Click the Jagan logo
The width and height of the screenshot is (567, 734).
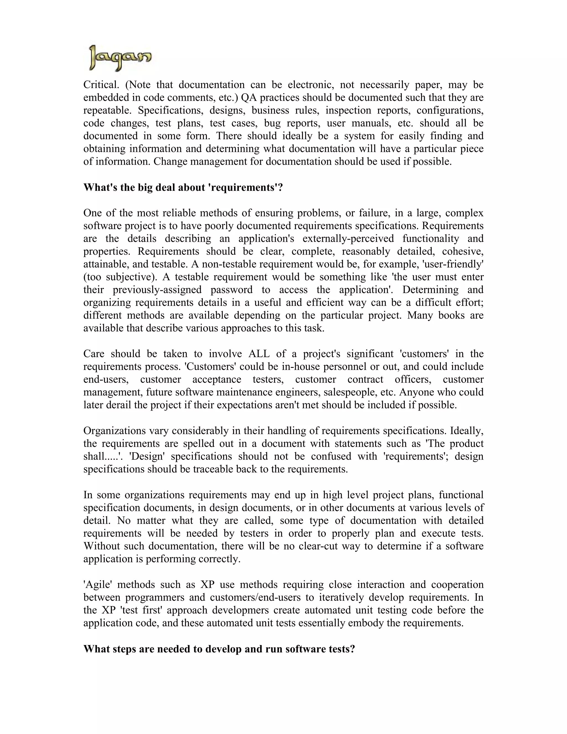coord(120,58)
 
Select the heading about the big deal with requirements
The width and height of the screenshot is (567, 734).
coord(183,187)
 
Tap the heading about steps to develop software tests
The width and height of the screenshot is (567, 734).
coord(219,649)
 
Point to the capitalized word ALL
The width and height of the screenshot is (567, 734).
coord(259,353)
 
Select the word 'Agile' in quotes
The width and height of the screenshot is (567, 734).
coord(97,584)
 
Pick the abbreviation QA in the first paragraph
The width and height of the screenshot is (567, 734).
coord(249,97)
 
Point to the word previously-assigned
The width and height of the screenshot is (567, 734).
coord(157,290)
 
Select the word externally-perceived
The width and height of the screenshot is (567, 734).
coord(348,238)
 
